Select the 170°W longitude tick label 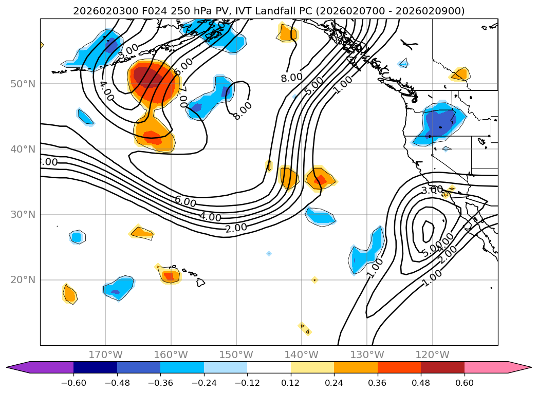[105, 354]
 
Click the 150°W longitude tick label [236, 354]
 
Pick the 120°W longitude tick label [433, 354]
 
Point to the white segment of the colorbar [269, 367]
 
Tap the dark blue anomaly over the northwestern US [439, 123]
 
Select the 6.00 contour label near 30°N [185, 202]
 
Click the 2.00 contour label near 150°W [236, 227]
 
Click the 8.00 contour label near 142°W [291, 77]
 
